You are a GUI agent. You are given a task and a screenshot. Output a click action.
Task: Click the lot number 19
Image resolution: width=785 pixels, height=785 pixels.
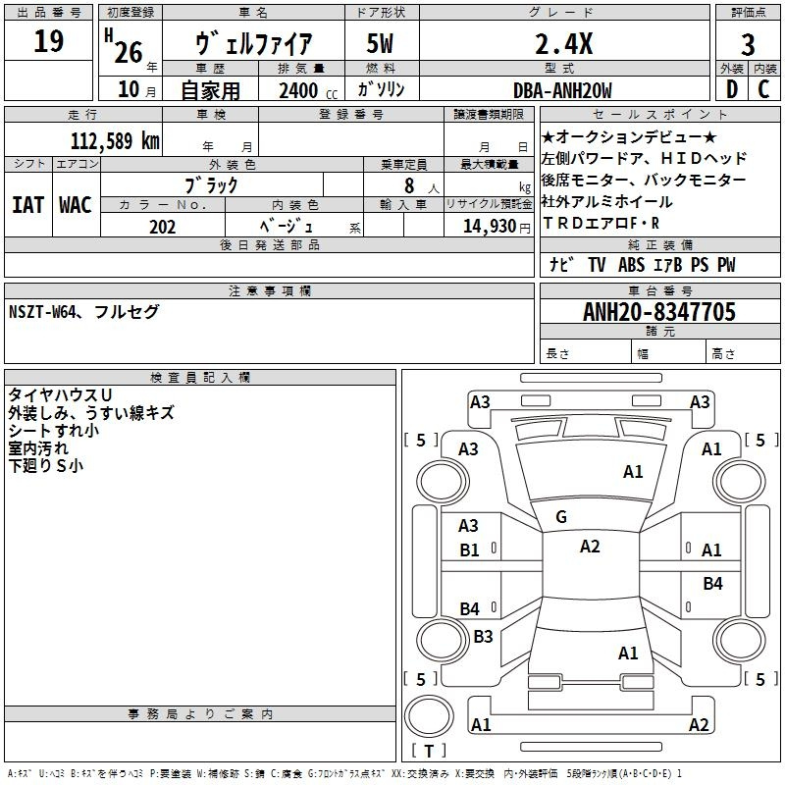point(48,41)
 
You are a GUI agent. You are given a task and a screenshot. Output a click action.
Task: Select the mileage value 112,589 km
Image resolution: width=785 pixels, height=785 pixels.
point(115,141)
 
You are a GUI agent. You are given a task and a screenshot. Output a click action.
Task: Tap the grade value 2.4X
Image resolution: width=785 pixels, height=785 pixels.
point(563,43)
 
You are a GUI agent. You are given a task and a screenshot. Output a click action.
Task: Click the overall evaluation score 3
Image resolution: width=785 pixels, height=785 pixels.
point(748,45)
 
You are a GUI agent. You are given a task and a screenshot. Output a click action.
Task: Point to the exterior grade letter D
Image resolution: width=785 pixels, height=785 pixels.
point(732,89)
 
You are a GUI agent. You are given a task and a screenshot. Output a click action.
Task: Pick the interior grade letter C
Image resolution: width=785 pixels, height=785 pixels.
point(763,89)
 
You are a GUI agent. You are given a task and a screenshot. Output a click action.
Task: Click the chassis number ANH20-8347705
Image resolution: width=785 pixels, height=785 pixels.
point(659,312)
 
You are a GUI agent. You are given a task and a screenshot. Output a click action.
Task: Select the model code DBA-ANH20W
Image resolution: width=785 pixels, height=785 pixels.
point(562,90)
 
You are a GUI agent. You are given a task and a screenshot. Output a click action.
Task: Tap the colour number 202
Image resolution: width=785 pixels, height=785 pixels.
point(162,227)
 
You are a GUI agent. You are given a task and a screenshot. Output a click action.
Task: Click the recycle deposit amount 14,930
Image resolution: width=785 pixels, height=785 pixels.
point(490,227)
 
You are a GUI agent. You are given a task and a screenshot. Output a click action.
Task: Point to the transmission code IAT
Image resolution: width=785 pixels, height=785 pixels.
point(27,205)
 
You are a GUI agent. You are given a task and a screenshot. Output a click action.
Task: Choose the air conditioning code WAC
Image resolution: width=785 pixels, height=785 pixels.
point(76,205)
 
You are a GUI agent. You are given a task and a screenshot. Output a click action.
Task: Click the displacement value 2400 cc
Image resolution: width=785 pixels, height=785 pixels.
point(308,90)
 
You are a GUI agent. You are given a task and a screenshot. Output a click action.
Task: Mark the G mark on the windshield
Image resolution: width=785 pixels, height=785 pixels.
point(561,517)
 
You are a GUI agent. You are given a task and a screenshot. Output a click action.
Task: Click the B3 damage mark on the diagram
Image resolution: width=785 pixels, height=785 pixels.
point(483,636)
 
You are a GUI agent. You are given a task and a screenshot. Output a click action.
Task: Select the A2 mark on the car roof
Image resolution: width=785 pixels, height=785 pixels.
point(590,547)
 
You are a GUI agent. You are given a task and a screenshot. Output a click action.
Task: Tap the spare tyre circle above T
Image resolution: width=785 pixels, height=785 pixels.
point(429,716)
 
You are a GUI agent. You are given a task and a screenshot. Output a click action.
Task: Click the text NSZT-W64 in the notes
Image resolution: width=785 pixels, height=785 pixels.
point(42,312)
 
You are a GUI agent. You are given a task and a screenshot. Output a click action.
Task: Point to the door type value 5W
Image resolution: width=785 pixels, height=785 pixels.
point(380,43)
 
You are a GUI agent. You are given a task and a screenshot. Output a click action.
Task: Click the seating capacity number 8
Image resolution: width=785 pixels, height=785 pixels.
point(409,185)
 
